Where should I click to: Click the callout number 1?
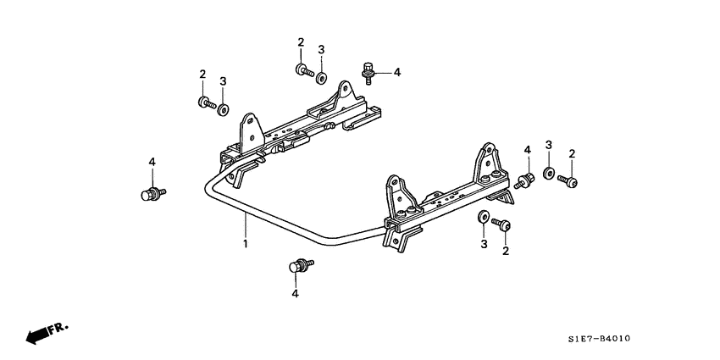point(246,245)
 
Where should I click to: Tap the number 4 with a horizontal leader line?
point(396,72)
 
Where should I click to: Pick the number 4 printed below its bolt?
point(296,293)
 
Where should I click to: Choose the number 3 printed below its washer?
point(485,244)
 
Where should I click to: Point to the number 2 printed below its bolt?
point(506,252)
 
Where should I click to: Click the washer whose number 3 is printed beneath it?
point(483,218)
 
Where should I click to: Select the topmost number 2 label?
point(301,42)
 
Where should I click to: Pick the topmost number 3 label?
point(321,50)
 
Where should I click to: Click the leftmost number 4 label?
point(152,162)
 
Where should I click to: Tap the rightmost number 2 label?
point(572,153)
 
